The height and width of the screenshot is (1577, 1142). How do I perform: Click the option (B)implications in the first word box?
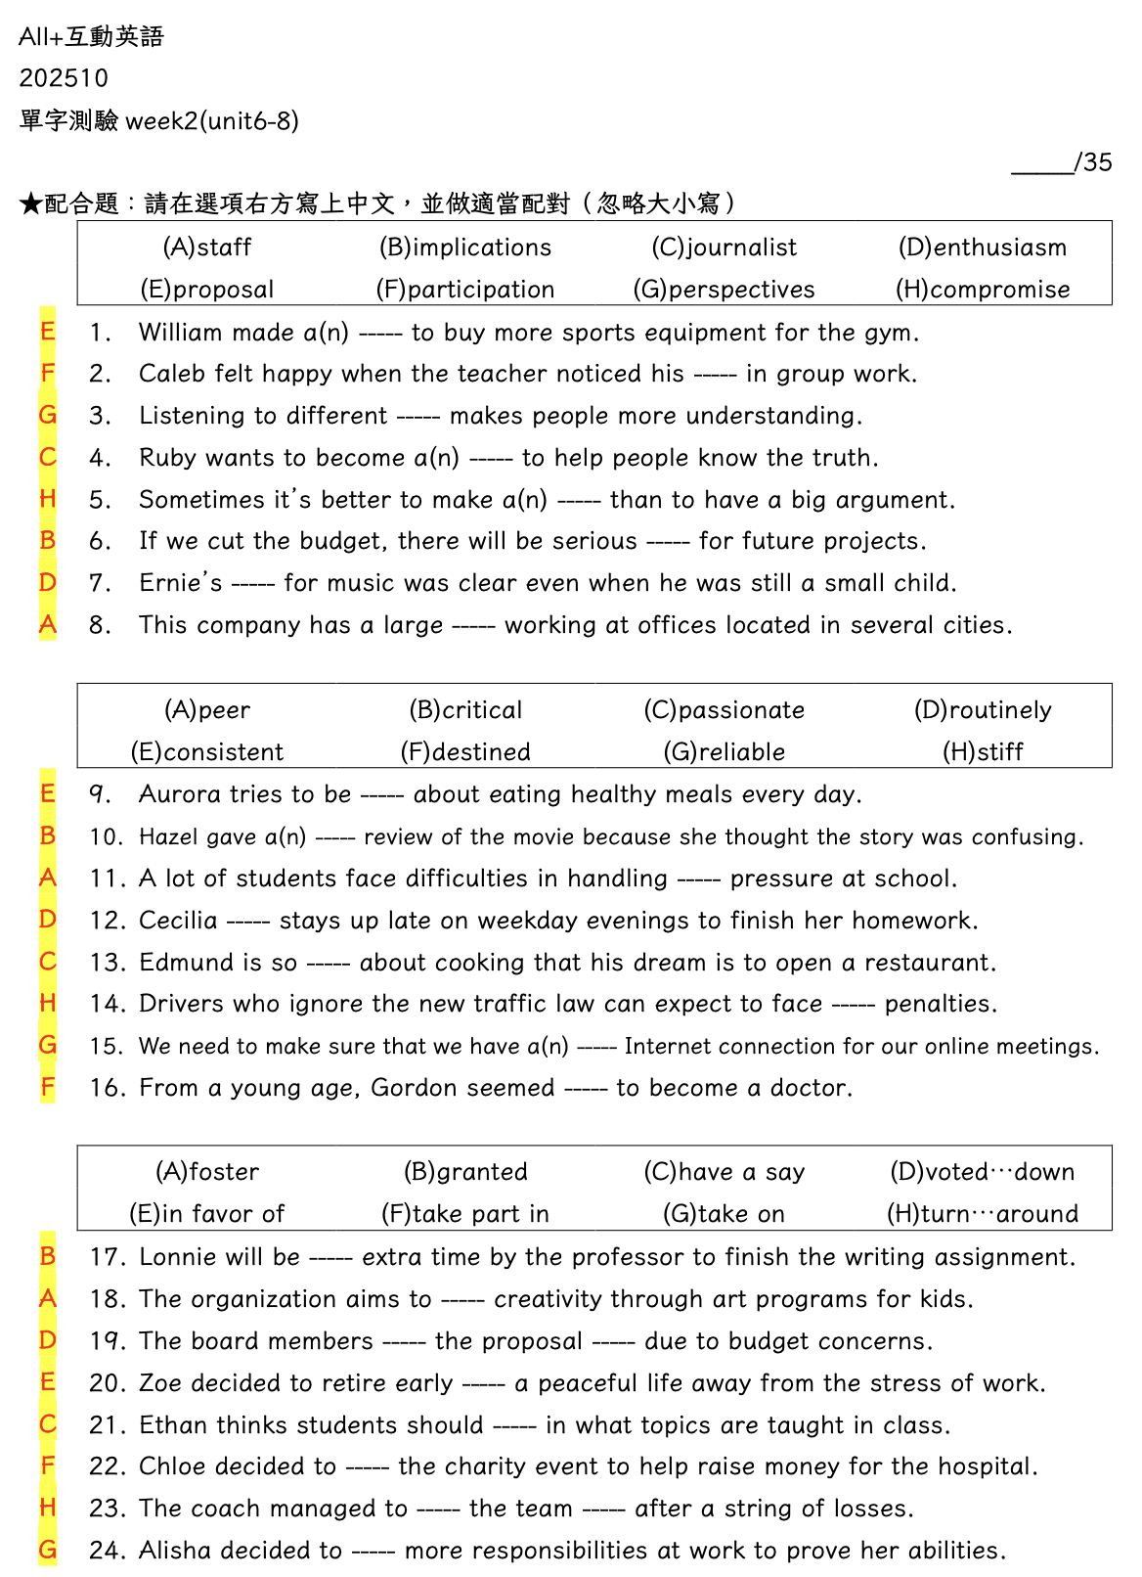click(465, 248)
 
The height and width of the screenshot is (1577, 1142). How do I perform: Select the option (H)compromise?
click(983, 290)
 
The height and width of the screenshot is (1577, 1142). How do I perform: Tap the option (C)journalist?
click(725, 248)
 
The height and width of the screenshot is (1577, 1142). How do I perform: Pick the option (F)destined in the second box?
click(465, 752)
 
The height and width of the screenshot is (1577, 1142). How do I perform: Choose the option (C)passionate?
click(725, 710)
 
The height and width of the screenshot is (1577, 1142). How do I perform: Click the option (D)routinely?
click(983, 710)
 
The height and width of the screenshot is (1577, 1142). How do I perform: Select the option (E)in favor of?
click(207, 1214)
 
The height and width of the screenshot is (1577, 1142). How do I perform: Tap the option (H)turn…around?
click(983, 1214)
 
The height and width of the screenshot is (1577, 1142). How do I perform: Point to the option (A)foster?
click(207, 1172)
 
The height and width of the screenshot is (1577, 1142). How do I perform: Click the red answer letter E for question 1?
click(47, 332)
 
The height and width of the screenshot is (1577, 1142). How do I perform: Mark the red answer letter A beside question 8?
click(47, 624)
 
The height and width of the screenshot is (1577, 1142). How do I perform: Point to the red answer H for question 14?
click(47, 1003)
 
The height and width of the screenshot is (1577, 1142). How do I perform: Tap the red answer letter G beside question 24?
click(47, 1550)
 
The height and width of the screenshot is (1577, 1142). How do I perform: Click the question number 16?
click(107, 1088)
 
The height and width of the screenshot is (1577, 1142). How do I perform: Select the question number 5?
click(100, 500)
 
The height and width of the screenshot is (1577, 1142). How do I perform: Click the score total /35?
click(1092, 162)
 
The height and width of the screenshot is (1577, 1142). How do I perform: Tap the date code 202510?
click(64, 78)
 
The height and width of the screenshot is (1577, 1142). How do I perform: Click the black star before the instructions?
click(30, 204)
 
